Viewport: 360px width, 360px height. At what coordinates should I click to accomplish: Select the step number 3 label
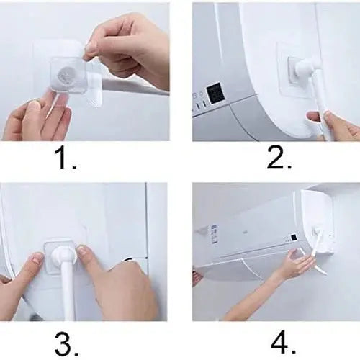tap(66, 344)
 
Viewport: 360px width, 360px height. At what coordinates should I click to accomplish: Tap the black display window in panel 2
tap(215, 93)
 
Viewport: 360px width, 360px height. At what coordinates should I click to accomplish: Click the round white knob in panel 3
tap(63, 256)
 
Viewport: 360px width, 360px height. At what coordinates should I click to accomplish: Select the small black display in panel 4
tap(294, 238)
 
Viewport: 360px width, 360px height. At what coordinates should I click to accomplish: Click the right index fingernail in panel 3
tap(84, 251)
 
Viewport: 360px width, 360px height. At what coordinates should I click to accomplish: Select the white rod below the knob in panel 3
tap(68, 291)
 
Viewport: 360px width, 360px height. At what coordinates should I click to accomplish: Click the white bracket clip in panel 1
tap(94, 89)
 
